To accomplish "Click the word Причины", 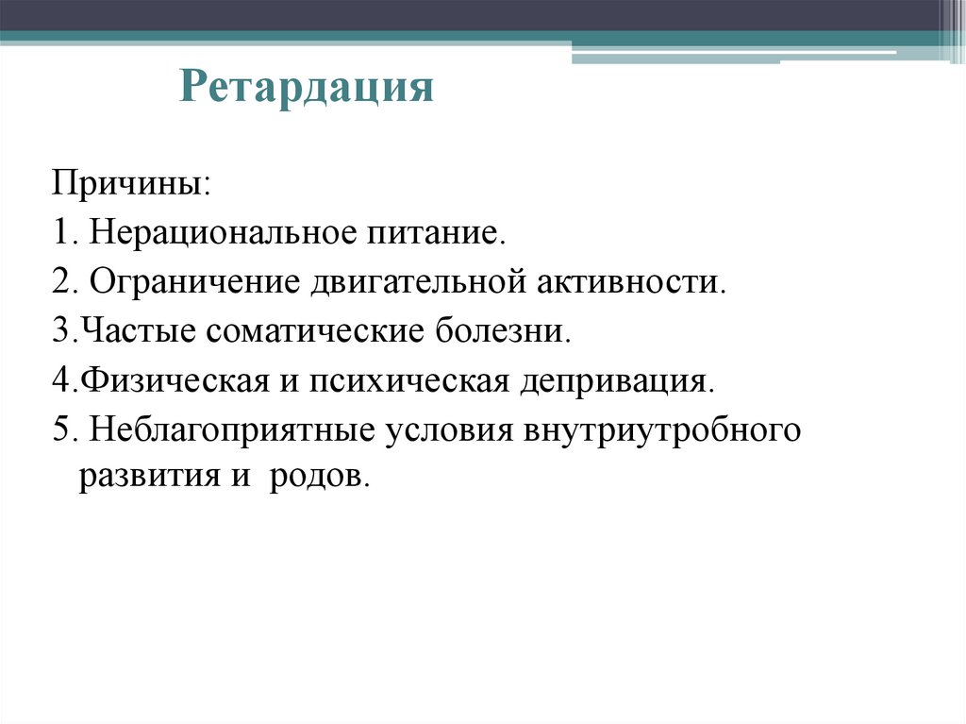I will [129, 180].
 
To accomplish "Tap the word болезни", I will [503, 332].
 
